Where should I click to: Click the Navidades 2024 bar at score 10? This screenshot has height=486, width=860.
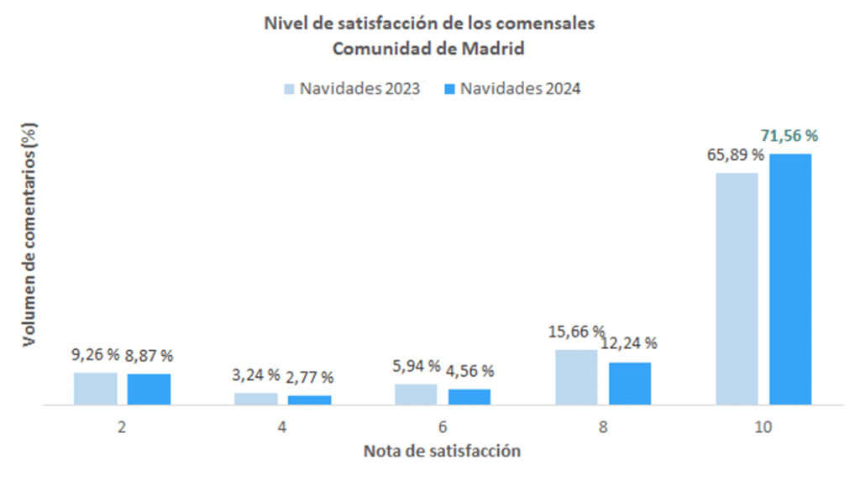(790, 279)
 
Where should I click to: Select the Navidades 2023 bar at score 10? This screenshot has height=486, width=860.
(737, 289)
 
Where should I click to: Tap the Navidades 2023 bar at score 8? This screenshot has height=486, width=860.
(576, 377)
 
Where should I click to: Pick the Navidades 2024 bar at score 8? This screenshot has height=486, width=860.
(630, 384)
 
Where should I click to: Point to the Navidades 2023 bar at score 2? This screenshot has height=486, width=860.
(95, 389)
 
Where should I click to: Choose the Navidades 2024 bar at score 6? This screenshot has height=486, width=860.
(469, 397)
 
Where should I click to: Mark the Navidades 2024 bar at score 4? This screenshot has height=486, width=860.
(309, 400)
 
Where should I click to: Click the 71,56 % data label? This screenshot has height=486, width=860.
(789, 135)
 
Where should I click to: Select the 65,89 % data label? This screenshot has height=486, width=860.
(735, 154)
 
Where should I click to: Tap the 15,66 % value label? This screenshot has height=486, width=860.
(576, 331)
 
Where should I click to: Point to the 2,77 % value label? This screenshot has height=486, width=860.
(310, 377)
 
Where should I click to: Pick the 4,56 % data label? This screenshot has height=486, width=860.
(470, 370)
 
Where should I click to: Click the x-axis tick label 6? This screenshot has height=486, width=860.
(443, 427)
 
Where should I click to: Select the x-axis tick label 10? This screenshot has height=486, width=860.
(763, 427)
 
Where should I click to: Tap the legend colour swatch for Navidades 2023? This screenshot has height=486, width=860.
(290, 89)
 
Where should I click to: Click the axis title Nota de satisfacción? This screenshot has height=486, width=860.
(442, 452)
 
